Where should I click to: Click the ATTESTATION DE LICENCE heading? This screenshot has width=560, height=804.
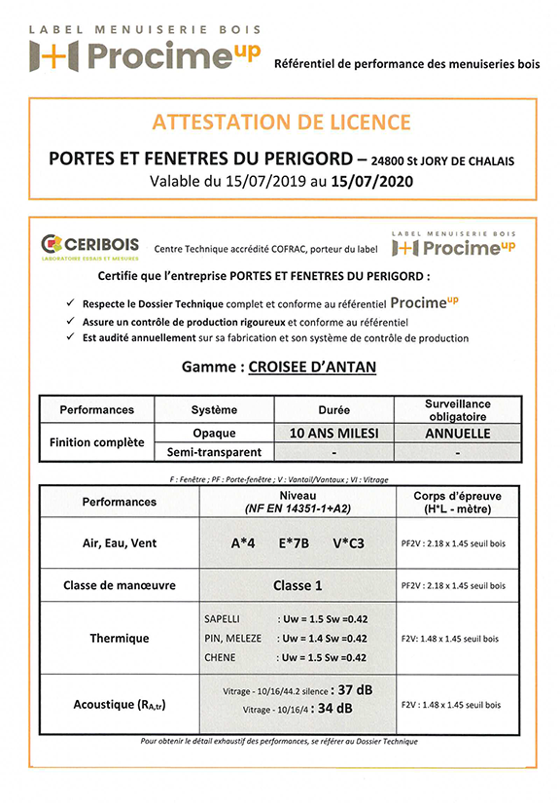tap(281, 122)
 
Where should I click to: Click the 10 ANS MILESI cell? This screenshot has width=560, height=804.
tap(334, 433)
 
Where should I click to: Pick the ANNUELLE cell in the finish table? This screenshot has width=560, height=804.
tap(457, 433)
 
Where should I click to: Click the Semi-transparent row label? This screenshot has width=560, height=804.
tap(215, 452)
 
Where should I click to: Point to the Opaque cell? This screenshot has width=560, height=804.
tap(215, 433)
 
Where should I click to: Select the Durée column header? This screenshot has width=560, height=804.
tap(334, 409)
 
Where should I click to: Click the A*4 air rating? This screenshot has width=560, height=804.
tap(243, 544)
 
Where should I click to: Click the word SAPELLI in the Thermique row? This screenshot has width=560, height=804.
tap(223, 618)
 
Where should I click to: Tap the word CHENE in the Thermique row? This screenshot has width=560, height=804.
tap(220, 658)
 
